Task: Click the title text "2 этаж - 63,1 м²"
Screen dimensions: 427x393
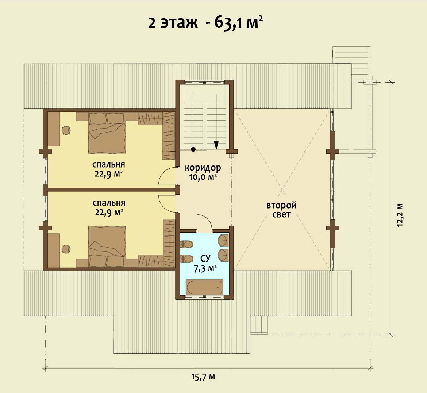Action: click(x=205, y=22)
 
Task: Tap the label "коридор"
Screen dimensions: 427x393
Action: click(x=203, y=168)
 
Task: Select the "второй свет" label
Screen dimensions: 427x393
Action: click(x=281, y=210)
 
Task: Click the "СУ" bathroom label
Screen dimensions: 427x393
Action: click(x=205, y=257)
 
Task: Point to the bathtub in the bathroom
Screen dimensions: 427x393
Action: click(x=204, y=287)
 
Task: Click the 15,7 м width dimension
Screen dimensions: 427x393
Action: click(x=203, y=377)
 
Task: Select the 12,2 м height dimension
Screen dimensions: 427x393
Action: click(x=400, y=215)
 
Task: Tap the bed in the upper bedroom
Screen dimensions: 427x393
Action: click(x=107, y=133)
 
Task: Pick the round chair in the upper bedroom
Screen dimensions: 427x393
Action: click(x=66, y=130)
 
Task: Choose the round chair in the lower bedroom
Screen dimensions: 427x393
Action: click(x=66, y=249)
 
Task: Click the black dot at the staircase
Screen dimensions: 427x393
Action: click(x=193, y=149)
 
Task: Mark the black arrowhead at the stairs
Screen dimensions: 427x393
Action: click(x=216, y=145)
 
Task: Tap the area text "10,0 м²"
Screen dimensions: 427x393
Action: click(x=203, y=177)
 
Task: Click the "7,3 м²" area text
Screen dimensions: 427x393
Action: click(x=205, y=269)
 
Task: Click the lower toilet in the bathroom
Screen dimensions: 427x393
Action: click(x=186, y=259)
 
